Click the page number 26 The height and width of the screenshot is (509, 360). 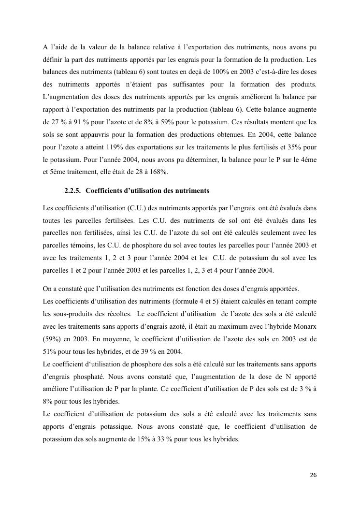(313, 475)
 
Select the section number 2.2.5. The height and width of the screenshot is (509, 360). (75, 191)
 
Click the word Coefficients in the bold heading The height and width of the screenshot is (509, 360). (111, 191)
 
